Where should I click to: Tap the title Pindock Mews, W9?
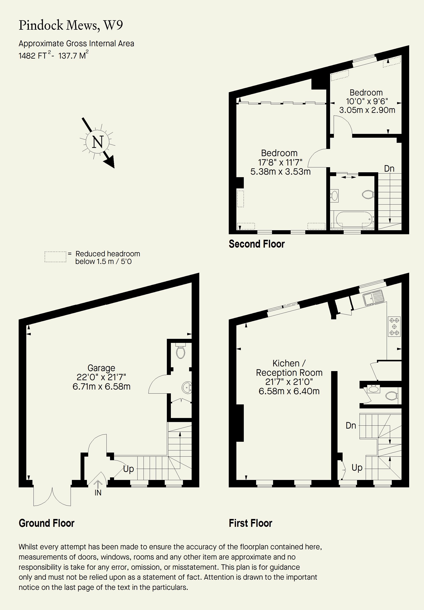pos(71,25)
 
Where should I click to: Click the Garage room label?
pos(101,368)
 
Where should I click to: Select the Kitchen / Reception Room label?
pos(289,368)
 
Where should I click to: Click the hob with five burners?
pos(394,326)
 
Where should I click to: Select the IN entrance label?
pos(98,493)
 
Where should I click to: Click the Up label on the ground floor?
pos(128,469)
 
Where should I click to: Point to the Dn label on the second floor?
pos(389,168)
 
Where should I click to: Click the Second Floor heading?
pos(257,244)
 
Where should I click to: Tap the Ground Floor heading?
pos(46,523)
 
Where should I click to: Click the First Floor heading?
pos(251,523)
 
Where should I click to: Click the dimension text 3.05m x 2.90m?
pos(367,110)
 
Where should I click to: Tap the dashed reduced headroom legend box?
pos(55,257)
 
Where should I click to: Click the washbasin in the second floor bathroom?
pos(335,196)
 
